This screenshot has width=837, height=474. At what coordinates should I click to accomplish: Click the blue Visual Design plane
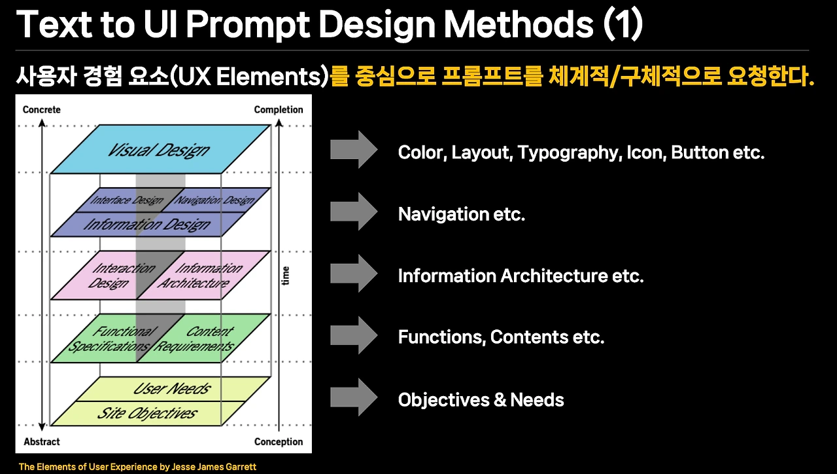click(161, 149)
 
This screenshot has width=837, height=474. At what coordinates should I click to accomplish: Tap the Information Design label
click(147, 225)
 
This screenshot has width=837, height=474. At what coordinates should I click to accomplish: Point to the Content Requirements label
click(195, 338)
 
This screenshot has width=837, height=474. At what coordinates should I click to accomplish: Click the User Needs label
click(172, 389)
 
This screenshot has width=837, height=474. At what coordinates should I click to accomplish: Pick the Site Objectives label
click(147, 413)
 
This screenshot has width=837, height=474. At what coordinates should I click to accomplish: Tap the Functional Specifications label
click(111, 338)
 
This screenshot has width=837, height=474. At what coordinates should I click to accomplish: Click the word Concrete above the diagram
click(41, 109)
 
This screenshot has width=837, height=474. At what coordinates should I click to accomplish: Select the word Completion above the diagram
click(279, 109)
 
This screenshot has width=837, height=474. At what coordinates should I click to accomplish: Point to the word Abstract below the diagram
click(42, 442)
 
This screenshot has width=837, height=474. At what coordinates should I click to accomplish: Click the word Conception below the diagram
click(279, 442)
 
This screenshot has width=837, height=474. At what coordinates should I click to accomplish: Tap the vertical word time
click(286, 276)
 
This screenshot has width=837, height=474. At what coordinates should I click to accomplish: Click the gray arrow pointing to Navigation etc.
click(354, 211)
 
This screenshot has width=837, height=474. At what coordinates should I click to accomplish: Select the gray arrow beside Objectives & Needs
click(354, 397)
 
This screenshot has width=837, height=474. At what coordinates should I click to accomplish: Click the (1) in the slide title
click(623, 24)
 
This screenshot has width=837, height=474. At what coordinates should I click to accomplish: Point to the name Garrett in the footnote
click(242, 467)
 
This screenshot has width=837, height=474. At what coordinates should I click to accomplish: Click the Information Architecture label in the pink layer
click(200, 276)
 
